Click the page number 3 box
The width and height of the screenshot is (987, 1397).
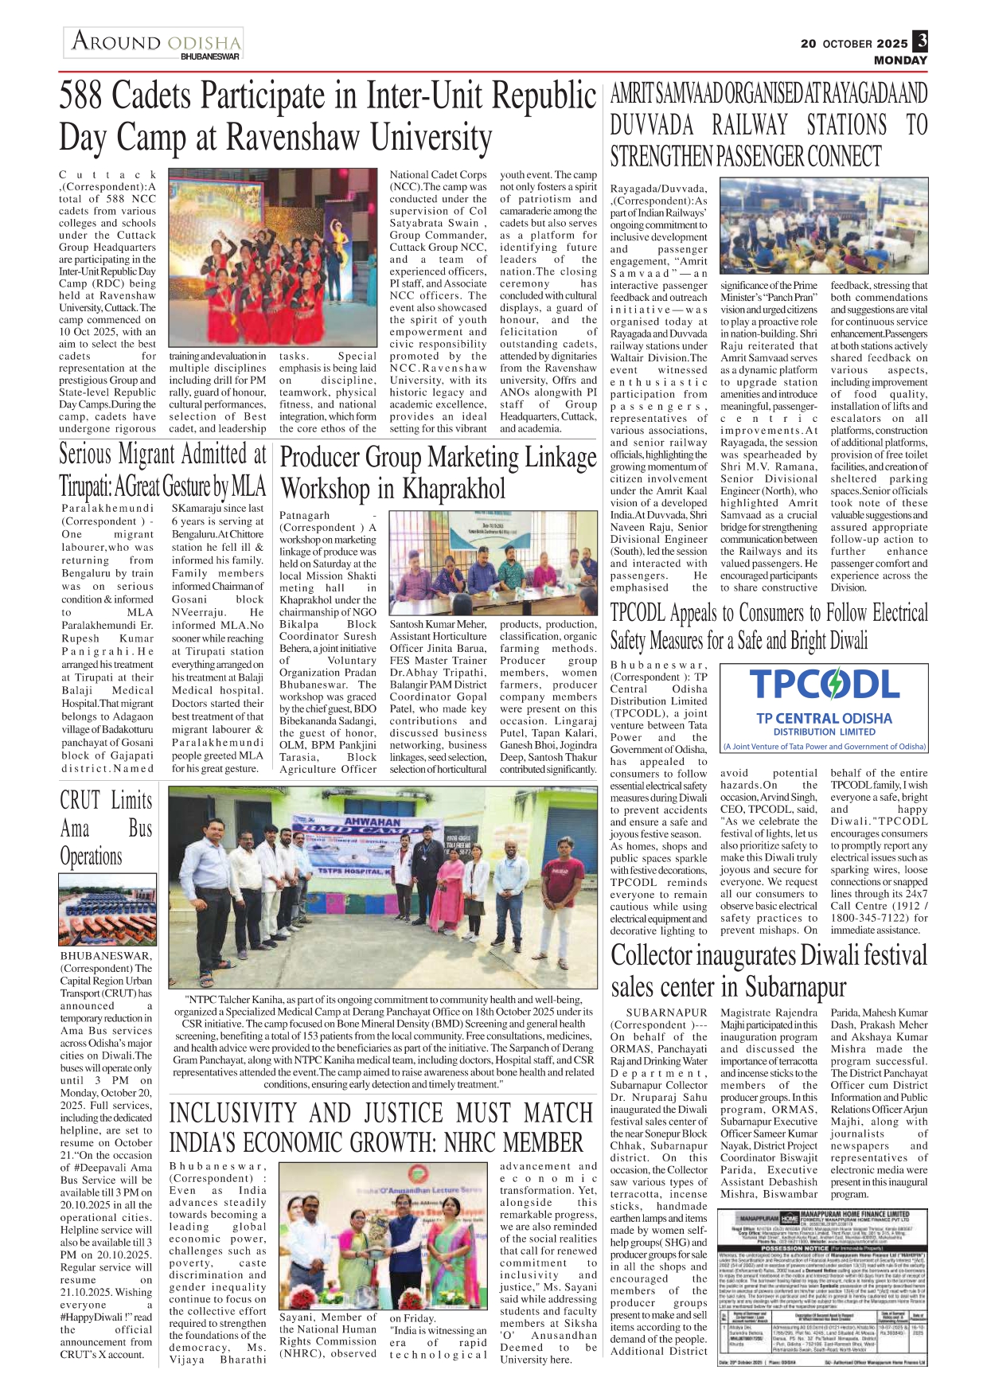920,41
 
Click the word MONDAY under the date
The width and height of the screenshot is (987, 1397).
900,60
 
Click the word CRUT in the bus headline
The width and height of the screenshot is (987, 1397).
80,800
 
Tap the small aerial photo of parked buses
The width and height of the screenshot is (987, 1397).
107,909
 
